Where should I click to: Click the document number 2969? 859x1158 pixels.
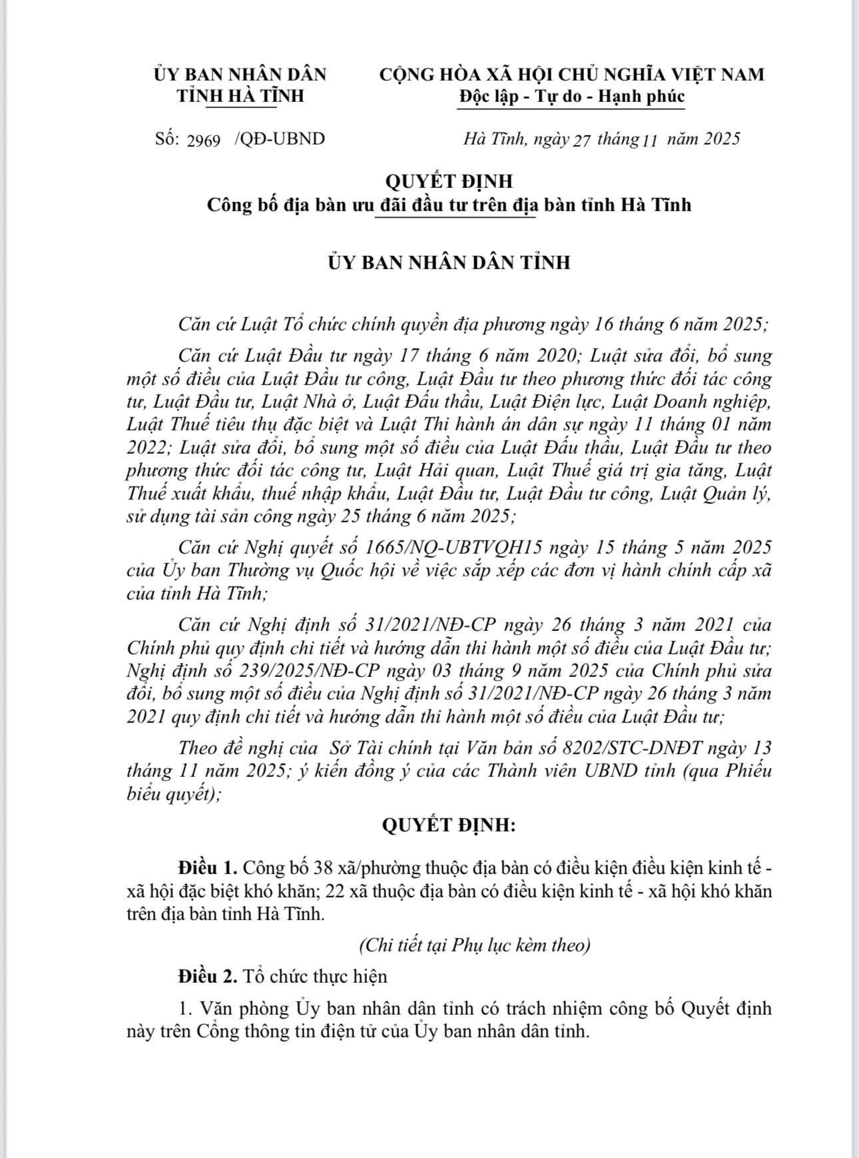pyautogui.click(x=204, y=141)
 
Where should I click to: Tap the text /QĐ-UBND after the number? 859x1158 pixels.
pyautogui.click(x=280, y=139)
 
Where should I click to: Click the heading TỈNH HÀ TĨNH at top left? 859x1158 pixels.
pyautogui.click(x=240, y=96)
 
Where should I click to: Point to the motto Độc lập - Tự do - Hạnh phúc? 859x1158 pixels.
pyautogui.click(x=571, y=96)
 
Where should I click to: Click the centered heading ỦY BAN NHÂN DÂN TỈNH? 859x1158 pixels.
pyautogui.click(x=449, y=263)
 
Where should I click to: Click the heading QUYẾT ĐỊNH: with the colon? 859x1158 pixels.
pyautogui.click(x=449, y=826)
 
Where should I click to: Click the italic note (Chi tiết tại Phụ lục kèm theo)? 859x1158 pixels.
pyautogui.click(x=474, y=945)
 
